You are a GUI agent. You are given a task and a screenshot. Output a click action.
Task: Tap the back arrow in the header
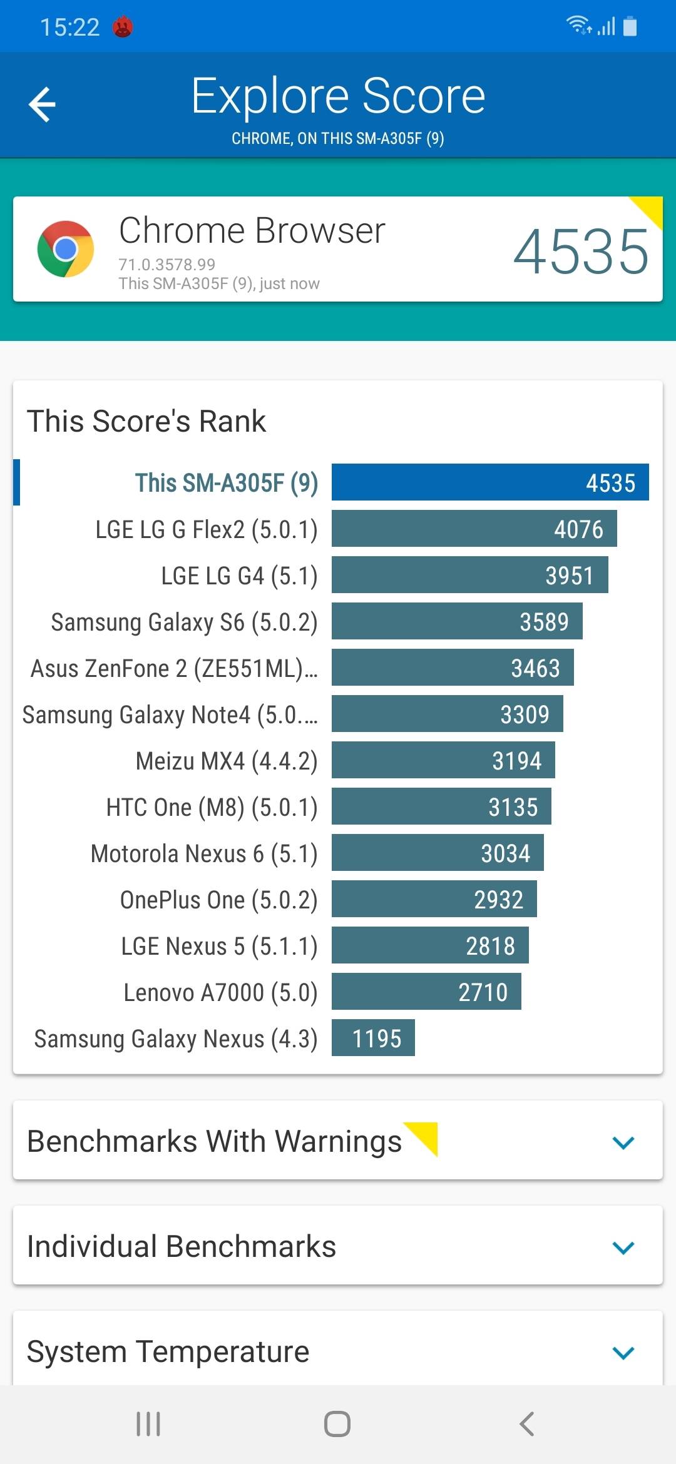tap(43, 104)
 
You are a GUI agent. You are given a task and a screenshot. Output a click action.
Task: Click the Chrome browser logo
tap(66, 249)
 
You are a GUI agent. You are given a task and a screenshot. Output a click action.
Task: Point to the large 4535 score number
tap(581, 252)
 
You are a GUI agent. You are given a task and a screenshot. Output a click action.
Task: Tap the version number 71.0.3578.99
tap(167, 265)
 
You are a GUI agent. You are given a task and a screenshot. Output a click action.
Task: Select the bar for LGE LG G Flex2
tap(474, 529)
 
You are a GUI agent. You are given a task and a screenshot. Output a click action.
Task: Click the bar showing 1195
tap(373, 1038)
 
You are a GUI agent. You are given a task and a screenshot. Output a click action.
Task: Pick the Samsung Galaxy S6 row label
tap(184, 622)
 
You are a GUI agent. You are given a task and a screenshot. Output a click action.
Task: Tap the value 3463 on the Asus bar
tap(535, 668)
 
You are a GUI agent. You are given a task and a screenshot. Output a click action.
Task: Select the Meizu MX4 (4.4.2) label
tap(227, 761)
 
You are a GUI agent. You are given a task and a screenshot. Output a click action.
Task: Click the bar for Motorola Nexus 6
tap(438, 853)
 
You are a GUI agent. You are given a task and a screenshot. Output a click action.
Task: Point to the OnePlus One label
tap(218, 900)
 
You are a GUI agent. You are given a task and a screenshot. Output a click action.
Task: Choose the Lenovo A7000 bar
tap(426, 992)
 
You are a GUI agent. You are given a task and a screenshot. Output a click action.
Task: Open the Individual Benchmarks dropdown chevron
tap(623, 1248)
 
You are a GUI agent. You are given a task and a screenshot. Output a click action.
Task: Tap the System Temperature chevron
tap(623, 1353)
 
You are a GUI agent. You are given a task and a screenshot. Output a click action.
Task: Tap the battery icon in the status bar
tap(630, 27)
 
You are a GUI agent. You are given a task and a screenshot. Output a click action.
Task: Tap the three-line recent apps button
tap(148, 1424)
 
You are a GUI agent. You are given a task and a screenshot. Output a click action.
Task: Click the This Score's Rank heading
tap(146, 421)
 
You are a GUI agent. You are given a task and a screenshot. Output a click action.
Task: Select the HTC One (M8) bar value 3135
tap(513, 807)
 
